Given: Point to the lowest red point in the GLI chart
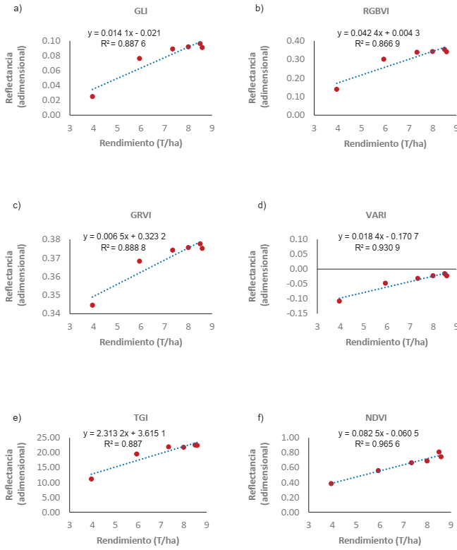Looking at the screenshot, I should (x=92, y=97).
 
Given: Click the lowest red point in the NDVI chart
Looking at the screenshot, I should (x=331, y=484).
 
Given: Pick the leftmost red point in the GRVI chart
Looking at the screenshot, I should (x=92, y=305).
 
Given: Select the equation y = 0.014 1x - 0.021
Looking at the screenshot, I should (x=123, y=32).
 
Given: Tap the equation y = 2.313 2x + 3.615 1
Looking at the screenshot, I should (x=124, y=434).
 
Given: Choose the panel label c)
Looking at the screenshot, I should (x=16, y=205).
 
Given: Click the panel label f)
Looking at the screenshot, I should (x=260, y=418).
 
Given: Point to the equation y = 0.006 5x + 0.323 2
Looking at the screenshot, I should (x=123, y=237).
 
